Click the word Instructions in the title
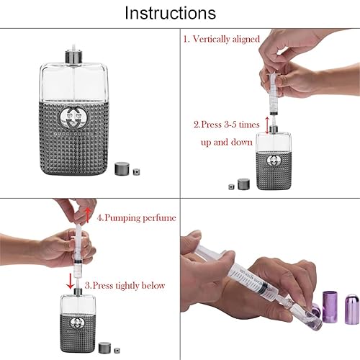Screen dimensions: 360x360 [170, 13]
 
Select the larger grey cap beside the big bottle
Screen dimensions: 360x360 [122, 168]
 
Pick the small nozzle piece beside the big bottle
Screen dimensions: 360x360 [136, 172]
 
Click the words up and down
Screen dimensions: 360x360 [227, 142]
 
